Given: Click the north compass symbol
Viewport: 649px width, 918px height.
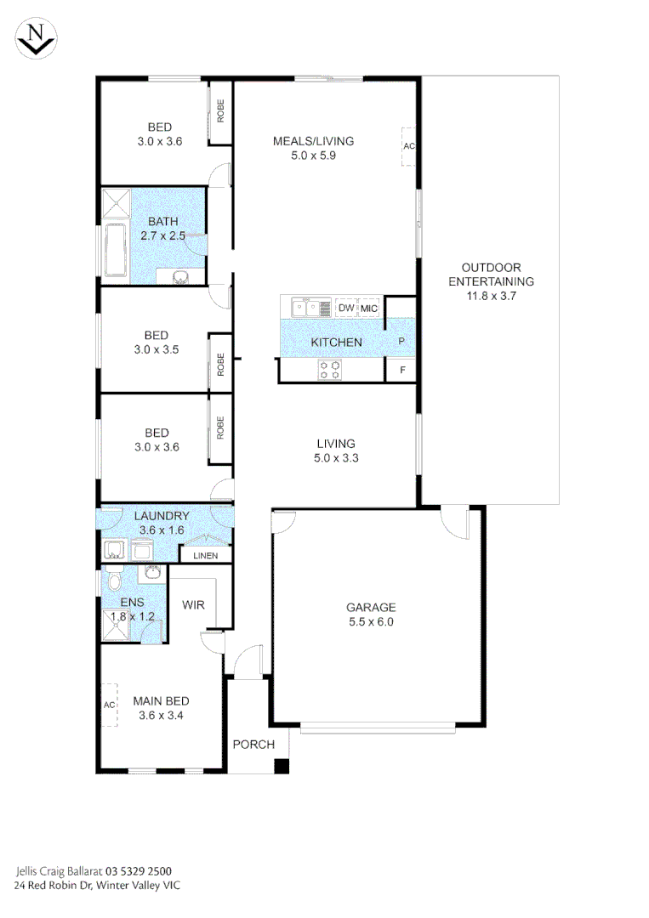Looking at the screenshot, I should (35, 38).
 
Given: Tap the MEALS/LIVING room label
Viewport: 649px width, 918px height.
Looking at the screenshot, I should (313, 141).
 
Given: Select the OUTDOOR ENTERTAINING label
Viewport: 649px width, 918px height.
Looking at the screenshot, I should (491, 281).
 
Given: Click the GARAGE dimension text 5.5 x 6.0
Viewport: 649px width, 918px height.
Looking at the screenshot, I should (371, 621).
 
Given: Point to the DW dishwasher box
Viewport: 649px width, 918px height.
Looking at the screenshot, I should (345, 308).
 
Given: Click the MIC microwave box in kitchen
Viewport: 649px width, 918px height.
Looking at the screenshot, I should (371, 308).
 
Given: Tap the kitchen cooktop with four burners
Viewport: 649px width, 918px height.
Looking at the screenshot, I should (330, 370).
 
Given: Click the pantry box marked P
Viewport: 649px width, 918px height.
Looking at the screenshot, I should (401, 341).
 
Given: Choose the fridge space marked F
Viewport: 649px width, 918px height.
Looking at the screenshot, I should (401, 371).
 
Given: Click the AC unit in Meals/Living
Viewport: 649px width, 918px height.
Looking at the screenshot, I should (409, 146).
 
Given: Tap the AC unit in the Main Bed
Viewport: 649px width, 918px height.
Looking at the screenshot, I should (109, 705).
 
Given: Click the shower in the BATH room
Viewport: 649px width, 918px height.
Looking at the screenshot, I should (114, 205).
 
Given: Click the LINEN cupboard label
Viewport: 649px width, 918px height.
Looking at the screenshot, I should (205, 556).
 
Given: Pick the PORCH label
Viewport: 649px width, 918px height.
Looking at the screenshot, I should (253, 745).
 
